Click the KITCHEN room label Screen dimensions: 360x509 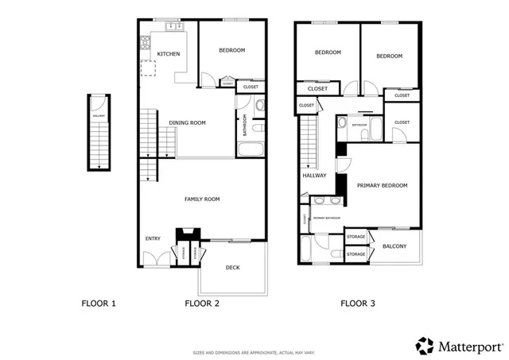(168, 54)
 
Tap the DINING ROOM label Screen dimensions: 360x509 (188, 122)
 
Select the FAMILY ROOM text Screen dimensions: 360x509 (202, 199)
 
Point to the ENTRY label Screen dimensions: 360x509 (153, 238)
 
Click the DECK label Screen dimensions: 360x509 (232, 267)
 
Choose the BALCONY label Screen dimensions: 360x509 (394, 246)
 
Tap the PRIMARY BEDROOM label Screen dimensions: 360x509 (382, 185)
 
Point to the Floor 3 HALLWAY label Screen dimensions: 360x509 (314, 176)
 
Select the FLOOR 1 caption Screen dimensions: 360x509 (99, 303)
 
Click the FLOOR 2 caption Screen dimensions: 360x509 (202, 303)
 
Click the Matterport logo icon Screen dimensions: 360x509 (425, 345)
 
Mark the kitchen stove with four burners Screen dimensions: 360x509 (146, 42)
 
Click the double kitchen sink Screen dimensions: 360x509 (172, 28)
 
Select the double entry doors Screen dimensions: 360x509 (154, 259)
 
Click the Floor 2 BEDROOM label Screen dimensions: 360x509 (231, 51)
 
